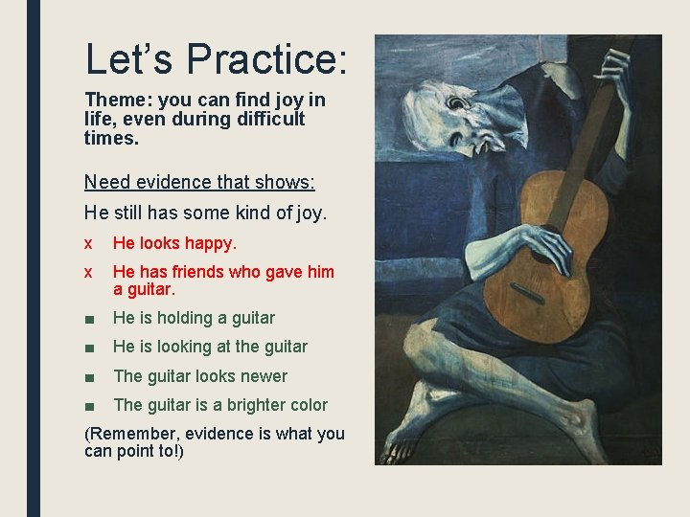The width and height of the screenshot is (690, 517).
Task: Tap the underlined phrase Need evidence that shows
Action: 199,182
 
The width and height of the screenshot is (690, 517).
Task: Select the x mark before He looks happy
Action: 88,243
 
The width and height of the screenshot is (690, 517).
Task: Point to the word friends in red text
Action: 201,272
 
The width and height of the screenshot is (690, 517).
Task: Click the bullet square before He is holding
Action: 89,318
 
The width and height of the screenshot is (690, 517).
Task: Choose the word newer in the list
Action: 264,376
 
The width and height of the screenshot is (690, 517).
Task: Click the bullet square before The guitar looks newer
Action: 89,376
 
